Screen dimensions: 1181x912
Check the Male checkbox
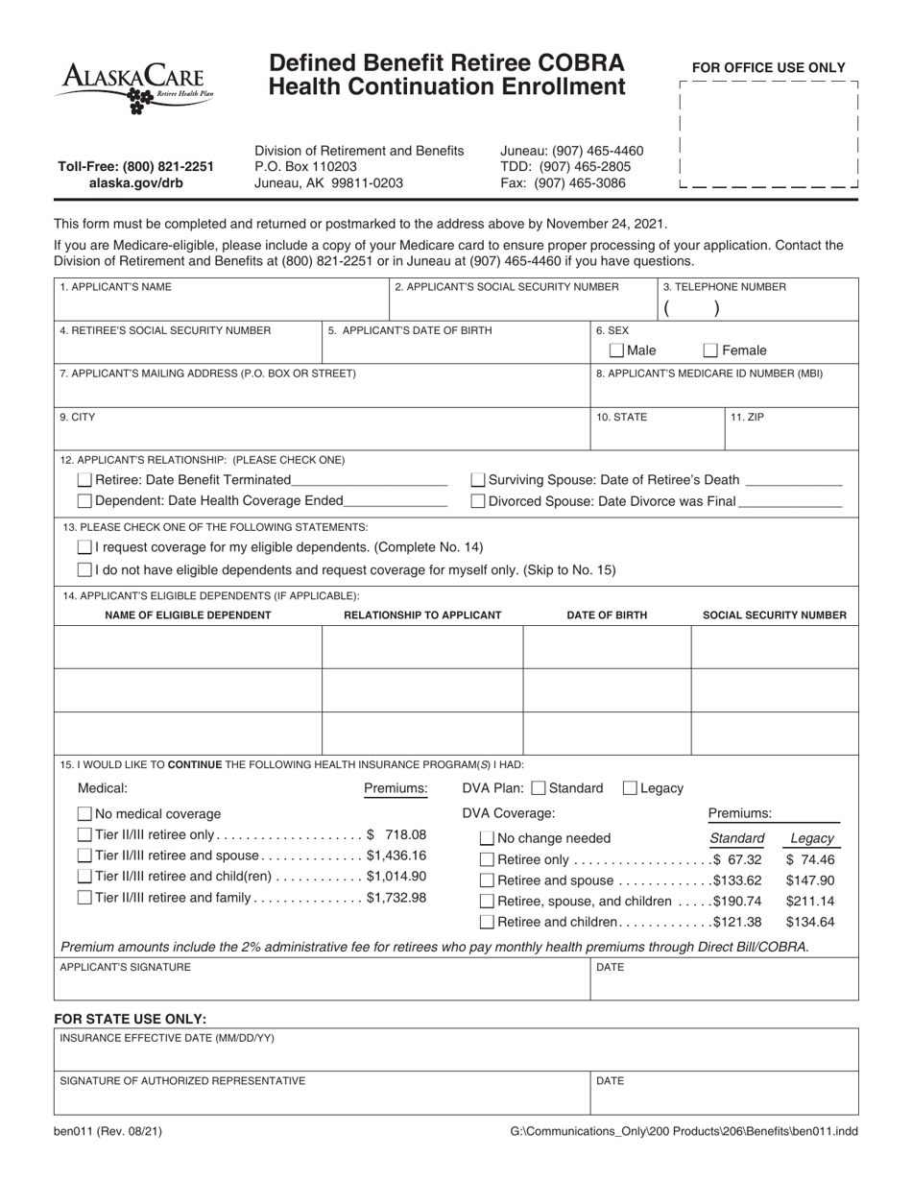(617, 350)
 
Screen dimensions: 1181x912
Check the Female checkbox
(711, 350)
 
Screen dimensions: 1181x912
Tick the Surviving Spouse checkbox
(478, 480)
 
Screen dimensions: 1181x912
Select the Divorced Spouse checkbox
(478, 501)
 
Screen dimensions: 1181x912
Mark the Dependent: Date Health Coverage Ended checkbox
(84, 501)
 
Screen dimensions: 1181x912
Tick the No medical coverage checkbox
(84, 813)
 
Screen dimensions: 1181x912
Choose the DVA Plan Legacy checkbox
(631, 788)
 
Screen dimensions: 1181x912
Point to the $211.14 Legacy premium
(809, 902)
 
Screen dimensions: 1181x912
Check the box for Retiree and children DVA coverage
(488, 923)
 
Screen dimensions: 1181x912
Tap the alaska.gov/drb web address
(136, 183)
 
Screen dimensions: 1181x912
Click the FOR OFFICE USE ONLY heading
(768, 68)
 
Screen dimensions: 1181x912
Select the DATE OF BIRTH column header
(607, 615)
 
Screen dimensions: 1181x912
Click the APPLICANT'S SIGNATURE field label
(125, 968)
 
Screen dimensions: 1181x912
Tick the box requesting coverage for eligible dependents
(84, 547)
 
